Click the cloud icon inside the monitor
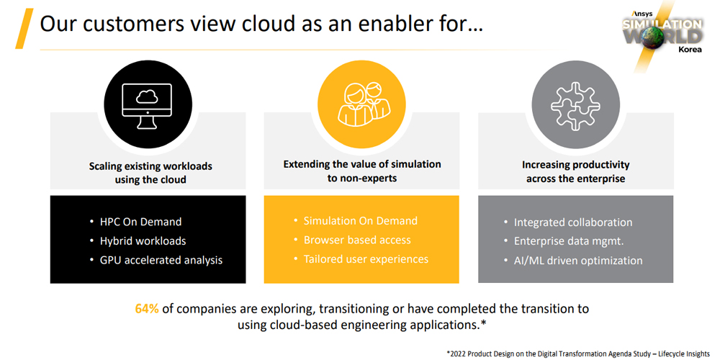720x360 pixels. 148,96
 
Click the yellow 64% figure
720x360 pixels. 147,309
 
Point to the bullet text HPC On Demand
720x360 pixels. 141,222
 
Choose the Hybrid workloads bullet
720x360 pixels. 143,241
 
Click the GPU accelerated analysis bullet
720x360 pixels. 161,261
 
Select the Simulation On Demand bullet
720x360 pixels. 361,221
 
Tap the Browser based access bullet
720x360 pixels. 357,240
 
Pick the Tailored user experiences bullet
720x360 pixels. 366,259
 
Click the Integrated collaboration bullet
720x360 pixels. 573,222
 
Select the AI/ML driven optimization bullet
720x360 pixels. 578,261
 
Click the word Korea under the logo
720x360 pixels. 690,50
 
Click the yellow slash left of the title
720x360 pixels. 24,29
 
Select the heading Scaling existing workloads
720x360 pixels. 150,166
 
